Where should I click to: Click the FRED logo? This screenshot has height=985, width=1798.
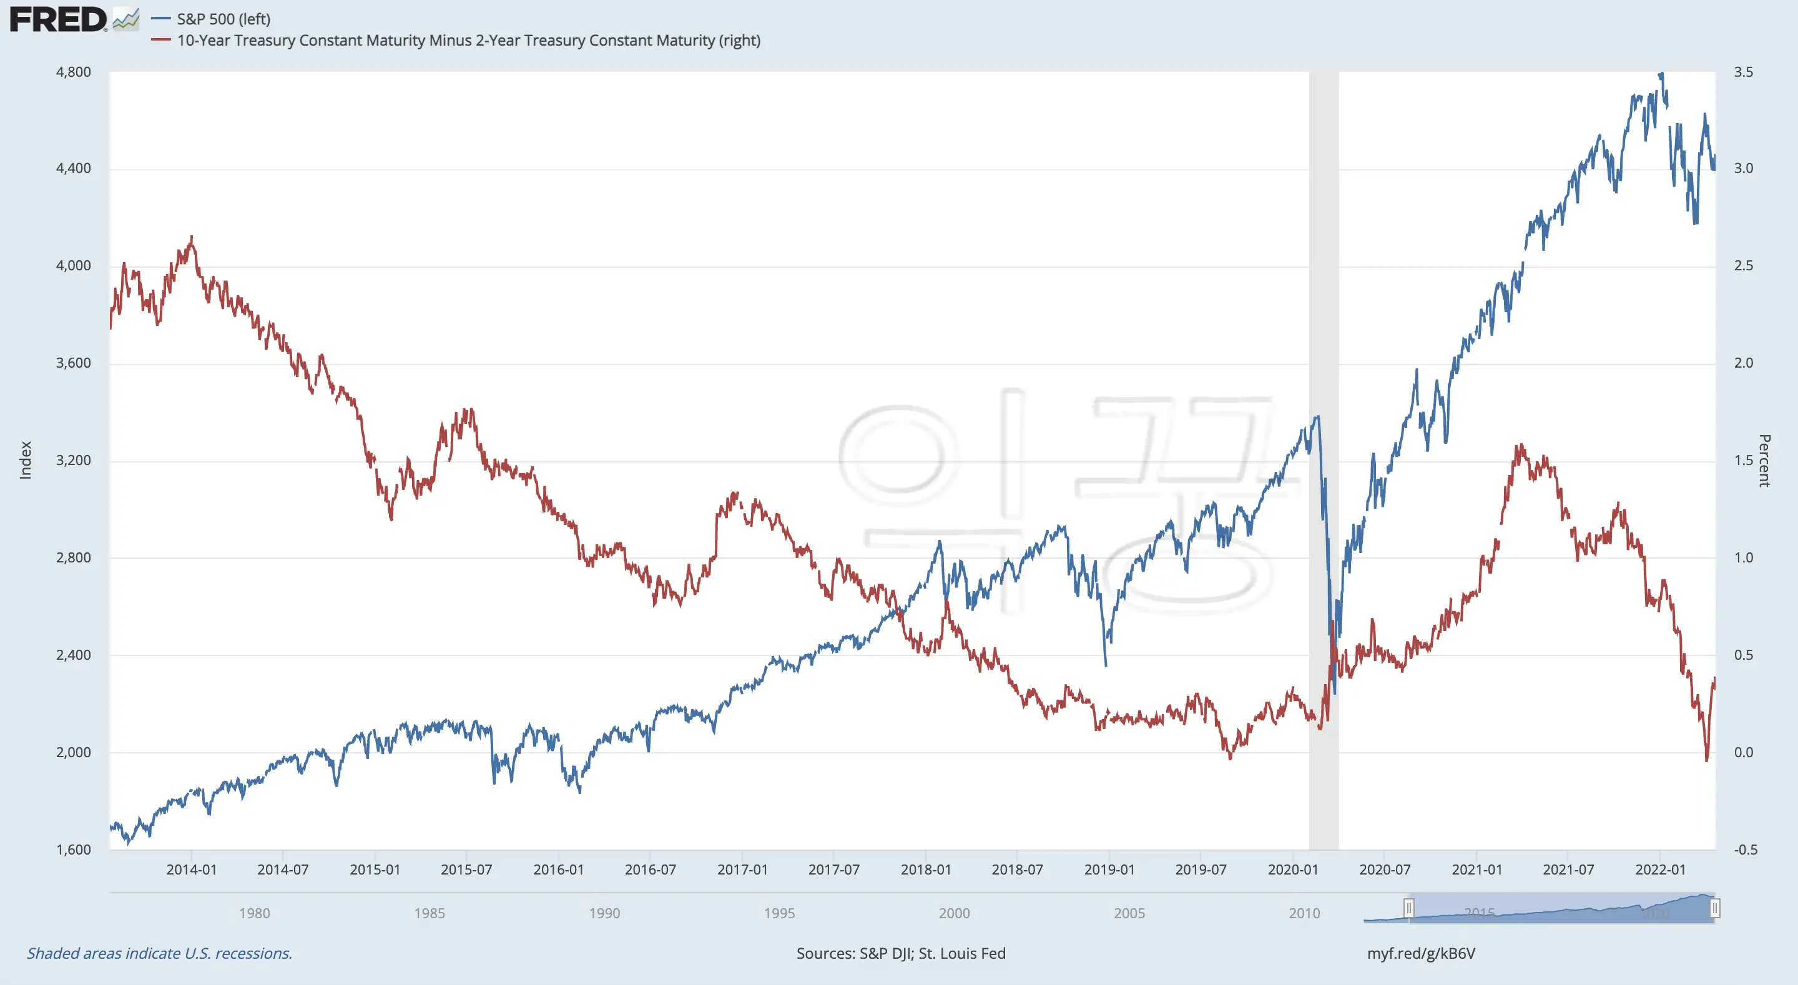click(x=59, y=19)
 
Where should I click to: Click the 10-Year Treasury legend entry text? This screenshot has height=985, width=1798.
click(x=468, y=41)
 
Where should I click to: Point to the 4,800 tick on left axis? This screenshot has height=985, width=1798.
click(x=73, y=72)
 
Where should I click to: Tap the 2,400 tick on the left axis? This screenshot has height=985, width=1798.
click(x=73, y=655)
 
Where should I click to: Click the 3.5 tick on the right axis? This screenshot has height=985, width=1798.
click(x=1743, y=72)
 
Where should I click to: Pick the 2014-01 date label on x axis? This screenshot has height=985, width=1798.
click(x=191, y=870)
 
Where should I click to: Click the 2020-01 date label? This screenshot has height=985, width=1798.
click(x=1293, y=870)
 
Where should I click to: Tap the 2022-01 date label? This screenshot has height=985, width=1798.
click(x=1660, y=870)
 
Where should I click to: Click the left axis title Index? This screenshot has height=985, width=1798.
click(x=26, y=460)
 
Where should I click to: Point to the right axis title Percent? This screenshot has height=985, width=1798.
click(x=1764, y=460)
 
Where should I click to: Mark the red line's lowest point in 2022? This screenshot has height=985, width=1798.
click(x=1707, y=760)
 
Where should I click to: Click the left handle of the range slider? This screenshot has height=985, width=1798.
click(x=1408, y=908)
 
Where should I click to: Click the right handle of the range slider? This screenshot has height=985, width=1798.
click(x=1714, y=908)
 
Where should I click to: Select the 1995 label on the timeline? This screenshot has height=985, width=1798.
click(x=779, y=913)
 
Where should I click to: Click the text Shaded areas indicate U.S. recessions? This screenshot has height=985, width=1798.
click(x=160, y=954)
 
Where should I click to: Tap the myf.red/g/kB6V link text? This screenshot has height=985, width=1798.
click(x=1420, y=954)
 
